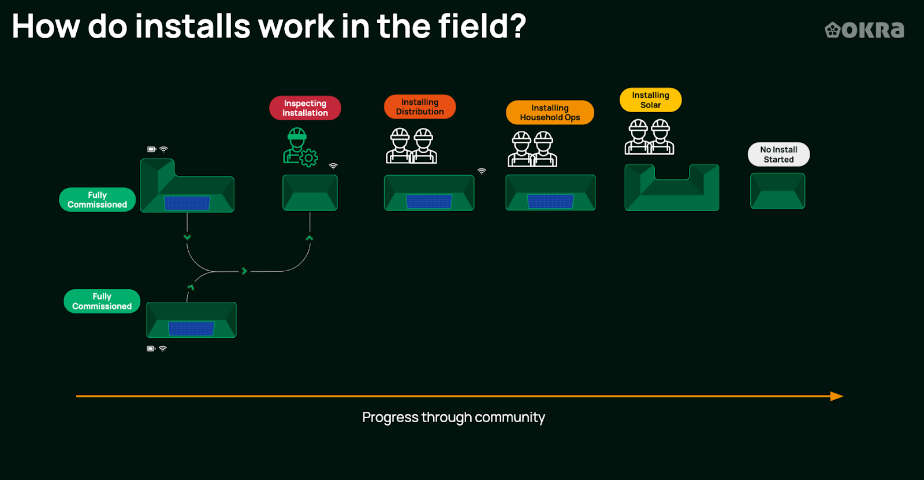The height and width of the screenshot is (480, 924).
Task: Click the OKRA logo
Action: tap(865, 29)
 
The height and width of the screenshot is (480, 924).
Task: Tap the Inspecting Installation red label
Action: tap(305, 108)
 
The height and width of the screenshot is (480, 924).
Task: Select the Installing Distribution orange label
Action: tap(420, 107)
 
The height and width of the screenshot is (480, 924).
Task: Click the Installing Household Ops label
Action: tap(550, 113)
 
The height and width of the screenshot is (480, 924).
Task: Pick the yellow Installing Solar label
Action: tap(650, 100)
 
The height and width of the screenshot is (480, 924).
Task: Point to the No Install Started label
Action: tap(778, 154)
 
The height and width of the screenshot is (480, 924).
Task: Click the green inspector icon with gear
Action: tap(300, 147)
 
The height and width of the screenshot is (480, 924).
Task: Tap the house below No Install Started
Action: tap(777, 191)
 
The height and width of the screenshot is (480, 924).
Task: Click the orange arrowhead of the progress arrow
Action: tap(837, 396)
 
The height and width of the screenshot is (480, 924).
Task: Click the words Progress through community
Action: tap(453, 418)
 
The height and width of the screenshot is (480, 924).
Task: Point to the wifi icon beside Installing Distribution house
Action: tap(482, 171)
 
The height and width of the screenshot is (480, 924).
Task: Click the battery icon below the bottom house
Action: tap(151, 349)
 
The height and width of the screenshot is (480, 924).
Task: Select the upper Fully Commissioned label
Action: tap(97, 200)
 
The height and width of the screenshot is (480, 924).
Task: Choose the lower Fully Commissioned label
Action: tap(102, 301)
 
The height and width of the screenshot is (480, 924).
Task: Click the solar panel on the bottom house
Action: tap(191, 328)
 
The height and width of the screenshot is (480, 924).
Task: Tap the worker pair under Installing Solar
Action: tap(649, 137)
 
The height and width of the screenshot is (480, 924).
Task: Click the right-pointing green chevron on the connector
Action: tap(244, 271)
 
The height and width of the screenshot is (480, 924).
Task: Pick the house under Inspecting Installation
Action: tap(310, 193)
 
